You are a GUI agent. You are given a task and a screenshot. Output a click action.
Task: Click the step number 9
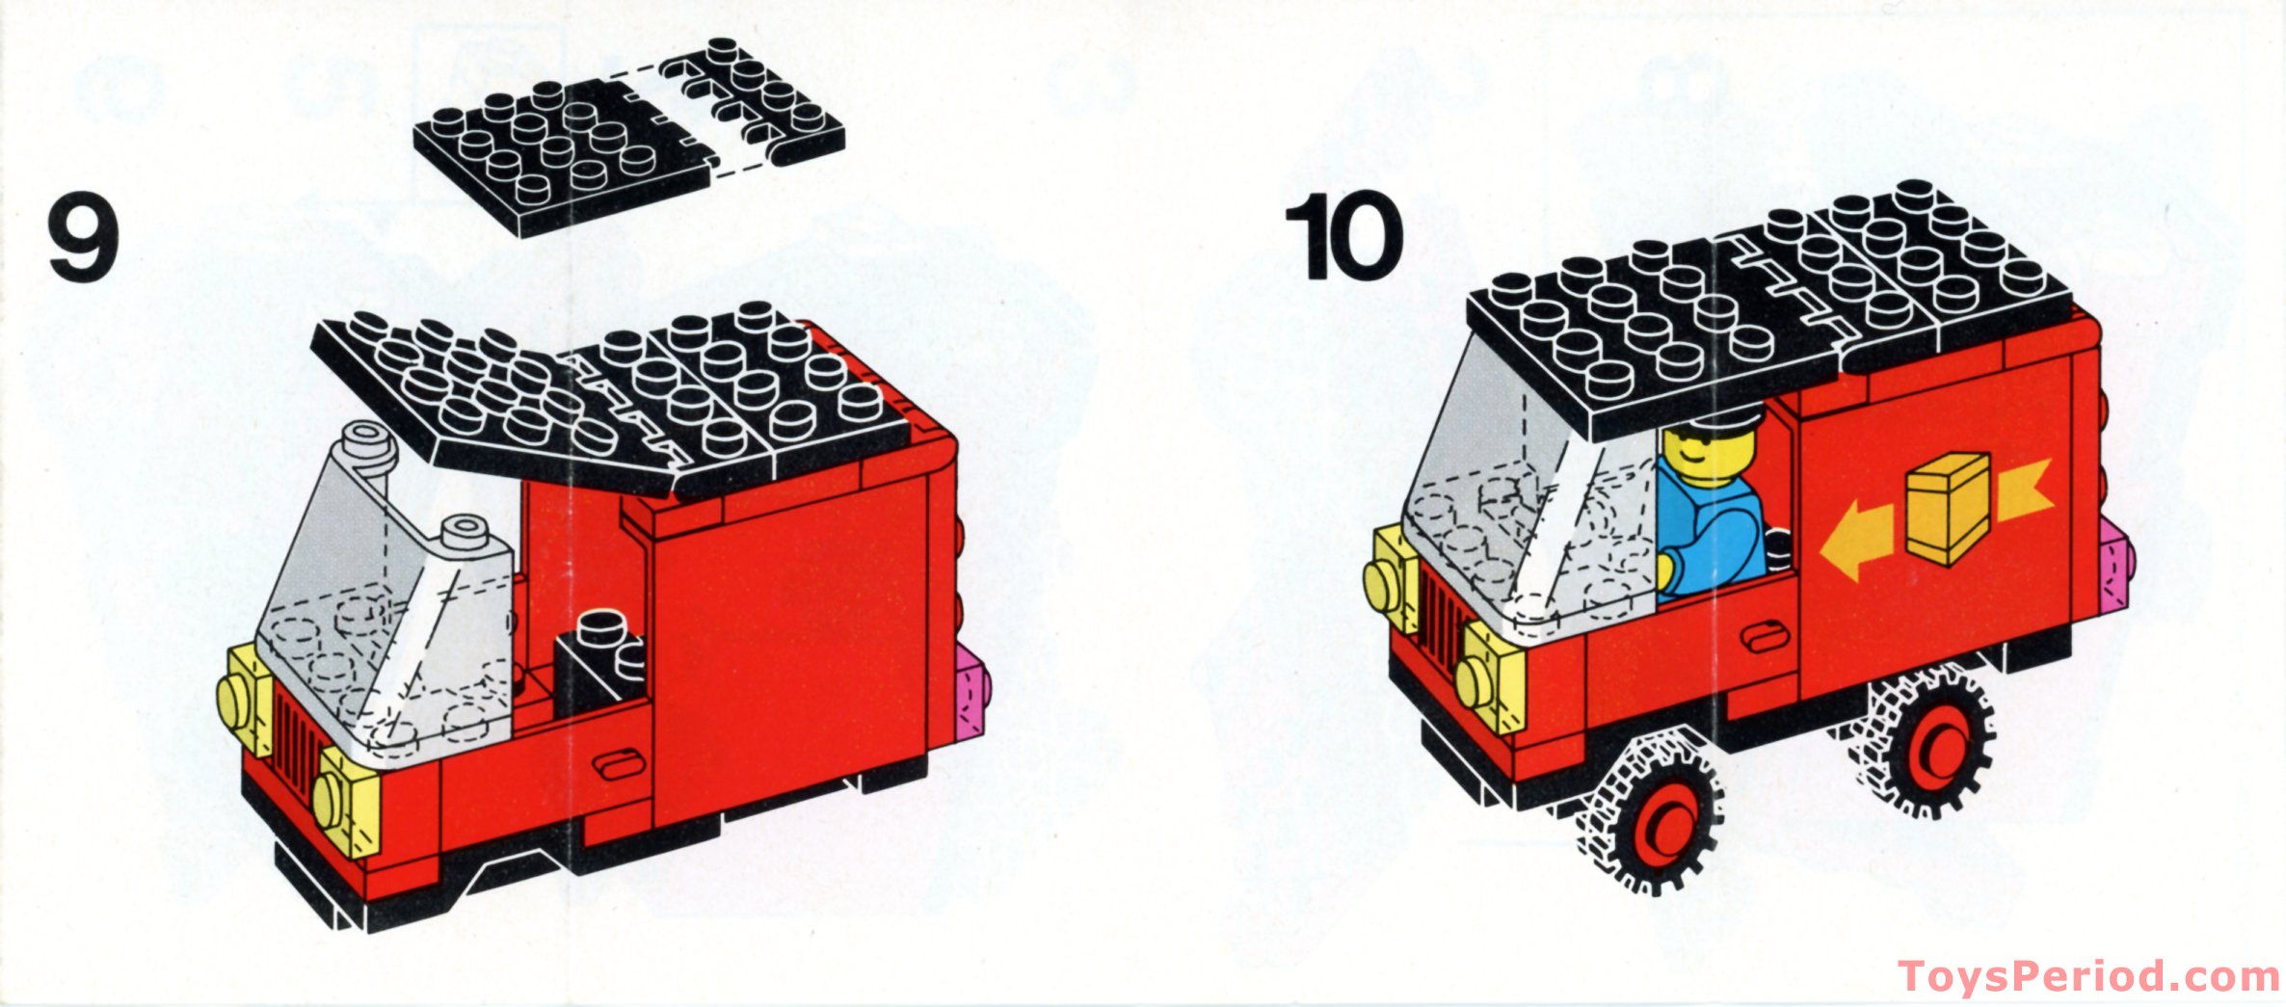(x=83, y=237)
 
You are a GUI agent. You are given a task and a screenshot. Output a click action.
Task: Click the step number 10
(x=1345, y=237)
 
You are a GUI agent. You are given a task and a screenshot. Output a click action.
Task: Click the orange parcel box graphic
(x=1947, y=509)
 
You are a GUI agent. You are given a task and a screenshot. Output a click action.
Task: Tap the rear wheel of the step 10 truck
(x=1927, y=744)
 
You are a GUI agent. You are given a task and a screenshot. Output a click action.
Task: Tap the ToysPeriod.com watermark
(x=2087, y=976)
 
